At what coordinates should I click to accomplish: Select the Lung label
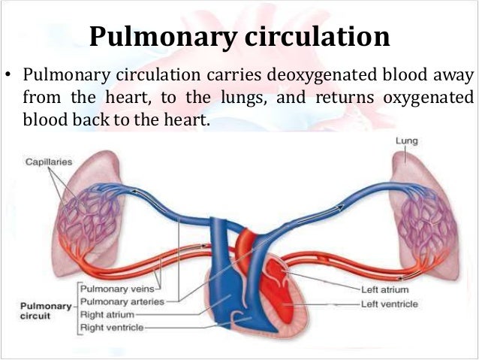point(406,141)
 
